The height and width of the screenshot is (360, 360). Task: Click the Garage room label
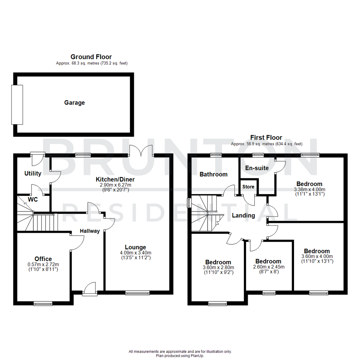(x=74, y=103)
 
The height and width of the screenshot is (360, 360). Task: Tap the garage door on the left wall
(x=17, y=105)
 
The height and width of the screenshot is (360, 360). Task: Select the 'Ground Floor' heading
(x=91, y=57)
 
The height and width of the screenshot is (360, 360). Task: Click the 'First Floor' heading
(x=266, y=138)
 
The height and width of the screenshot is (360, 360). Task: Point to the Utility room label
(x=33, y=173)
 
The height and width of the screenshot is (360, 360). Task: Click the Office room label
(x=43, y=259)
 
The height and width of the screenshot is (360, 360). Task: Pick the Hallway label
(x=90, y=231)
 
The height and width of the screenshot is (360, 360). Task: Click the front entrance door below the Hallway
(x=90, y=289)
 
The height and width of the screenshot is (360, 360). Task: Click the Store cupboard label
(x=248, y=187)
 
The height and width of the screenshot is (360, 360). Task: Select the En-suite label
(x=257, y=168)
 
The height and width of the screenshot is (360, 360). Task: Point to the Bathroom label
(x=213, y=174)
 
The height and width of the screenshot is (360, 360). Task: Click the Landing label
(x=243, y=215)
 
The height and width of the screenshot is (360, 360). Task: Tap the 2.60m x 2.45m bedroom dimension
(x=268, y=267)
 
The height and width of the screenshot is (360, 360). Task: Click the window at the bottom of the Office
(x=43, y=303)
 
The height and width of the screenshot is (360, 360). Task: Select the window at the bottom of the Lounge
(x=137, y=293)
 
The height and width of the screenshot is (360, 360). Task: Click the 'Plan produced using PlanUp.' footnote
(x=180, y=356)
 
